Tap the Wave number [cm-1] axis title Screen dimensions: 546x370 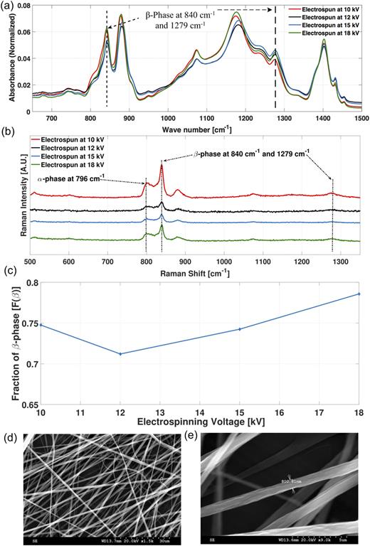[x=196, y=128]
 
